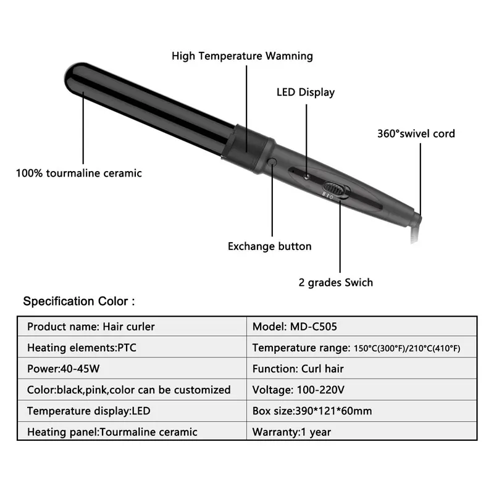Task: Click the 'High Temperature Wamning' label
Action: (x=242, y=56)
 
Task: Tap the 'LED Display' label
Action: (x=305, y=93)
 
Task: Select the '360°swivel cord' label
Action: (x=416, y=133)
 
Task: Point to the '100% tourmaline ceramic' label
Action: (x=78, y=174)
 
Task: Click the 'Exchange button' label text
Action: (x=269, y=246)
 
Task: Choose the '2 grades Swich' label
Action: (x=335, y=283)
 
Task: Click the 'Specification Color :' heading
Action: (x=78, y=302)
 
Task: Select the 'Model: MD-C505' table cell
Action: (x=295, y=327)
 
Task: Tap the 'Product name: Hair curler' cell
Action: (x=91, y=327)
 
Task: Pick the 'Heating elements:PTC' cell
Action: (x=82, y=348)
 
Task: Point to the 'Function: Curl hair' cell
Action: (x=298, y=369)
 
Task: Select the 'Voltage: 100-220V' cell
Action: (x=298, y=390)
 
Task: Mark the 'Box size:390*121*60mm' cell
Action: (x=312, y=411)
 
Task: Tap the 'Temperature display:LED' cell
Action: (x=88, y=411)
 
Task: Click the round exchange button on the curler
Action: (x=272, y=162)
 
